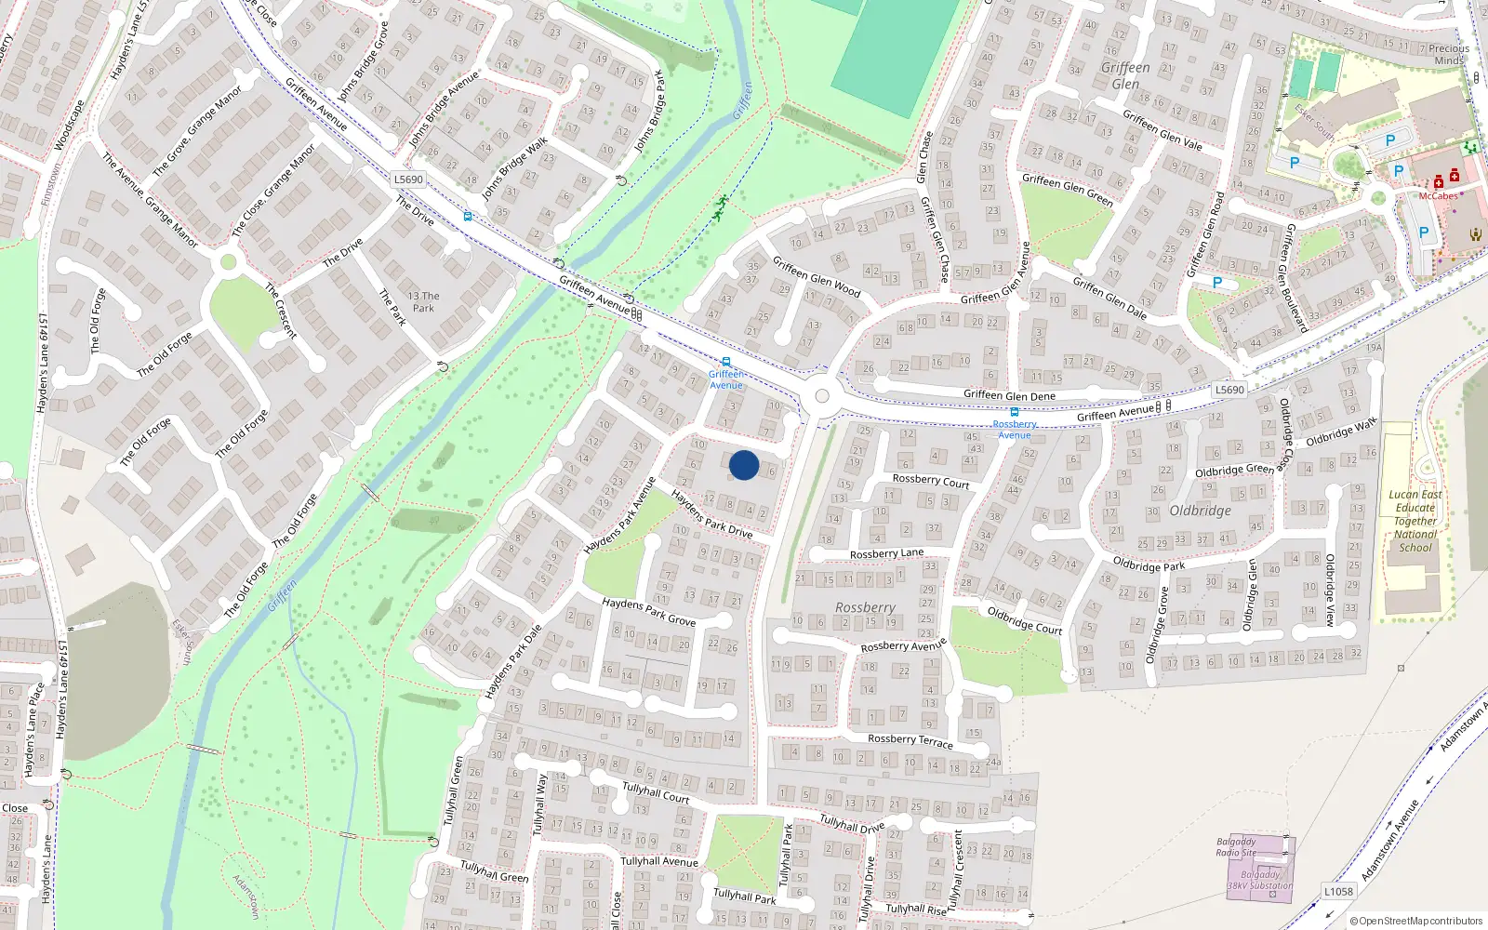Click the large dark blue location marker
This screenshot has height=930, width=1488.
click(744, 465)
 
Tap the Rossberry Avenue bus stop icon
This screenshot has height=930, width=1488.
click(1014, 412)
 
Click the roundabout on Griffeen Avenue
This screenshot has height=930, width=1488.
click(821, 396)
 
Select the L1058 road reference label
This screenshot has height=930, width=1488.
click(1338, 891)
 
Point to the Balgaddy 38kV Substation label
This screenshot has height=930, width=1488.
click(1260, 880)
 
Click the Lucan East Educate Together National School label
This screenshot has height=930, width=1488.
click(1415, 521)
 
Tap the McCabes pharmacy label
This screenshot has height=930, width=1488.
click(1438, 196)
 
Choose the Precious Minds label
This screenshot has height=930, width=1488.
click(1449, 54)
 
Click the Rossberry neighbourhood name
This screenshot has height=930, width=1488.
click(865, 607)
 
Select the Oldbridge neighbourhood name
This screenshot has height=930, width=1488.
click(1200, 511)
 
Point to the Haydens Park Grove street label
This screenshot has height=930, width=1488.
click(648, 611)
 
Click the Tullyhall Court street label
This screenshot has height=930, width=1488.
click(656, 792)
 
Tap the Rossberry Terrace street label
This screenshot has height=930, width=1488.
click(910, 740)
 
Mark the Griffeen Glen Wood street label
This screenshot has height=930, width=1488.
click(817, 277)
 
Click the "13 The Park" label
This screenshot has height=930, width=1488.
click(423, 301)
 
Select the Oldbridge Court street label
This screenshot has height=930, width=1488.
click(1024, 620)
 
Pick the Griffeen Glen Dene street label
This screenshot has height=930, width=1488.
click(1009, 395)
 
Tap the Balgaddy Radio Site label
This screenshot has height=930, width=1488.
click(1236, 846)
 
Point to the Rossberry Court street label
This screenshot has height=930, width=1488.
click(930, 480)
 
